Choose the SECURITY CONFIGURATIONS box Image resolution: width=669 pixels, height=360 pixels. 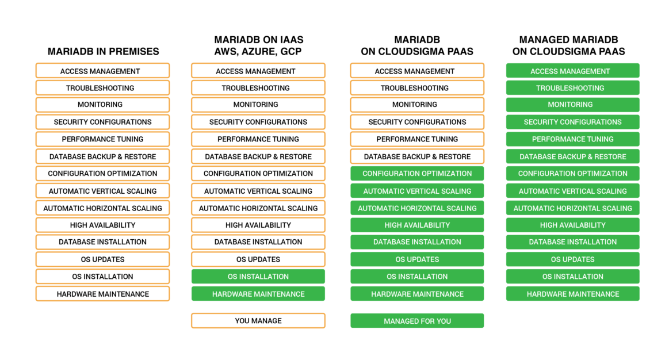click(x=572, y=122)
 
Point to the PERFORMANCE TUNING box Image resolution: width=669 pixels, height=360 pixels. click(x=572, y=139)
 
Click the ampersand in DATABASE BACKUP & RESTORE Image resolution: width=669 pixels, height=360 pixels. click(x=591, y=156)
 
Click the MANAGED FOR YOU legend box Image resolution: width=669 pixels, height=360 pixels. click(x=416, y=321)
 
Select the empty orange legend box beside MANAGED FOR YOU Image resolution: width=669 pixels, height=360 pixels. click(x=258, y=321)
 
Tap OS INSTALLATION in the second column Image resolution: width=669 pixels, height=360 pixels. click(x=258, y=277)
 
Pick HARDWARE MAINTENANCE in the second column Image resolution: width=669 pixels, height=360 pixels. click(x=258, y=294)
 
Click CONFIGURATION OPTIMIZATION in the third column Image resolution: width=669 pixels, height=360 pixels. click(x=416, y=174)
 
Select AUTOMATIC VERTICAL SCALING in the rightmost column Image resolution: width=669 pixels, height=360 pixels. click(x=572, y=191)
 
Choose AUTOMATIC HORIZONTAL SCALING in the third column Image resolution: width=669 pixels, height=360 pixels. click(x=416, y=208)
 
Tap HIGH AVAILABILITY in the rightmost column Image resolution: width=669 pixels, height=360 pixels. click(x=572, y=225)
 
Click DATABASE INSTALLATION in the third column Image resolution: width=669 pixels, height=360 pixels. click(x=416, y=242)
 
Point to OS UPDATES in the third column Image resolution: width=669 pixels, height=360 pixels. click(x=416, y=259)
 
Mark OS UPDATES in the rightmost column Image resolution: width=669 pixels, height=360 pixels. click(x=572, y=259)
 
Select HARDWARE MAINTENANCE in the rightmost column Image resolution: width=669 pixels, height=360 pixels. click(x=572, y=294)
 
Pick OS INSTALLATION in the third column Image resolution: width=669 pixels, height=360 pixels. click(x=416, y=277)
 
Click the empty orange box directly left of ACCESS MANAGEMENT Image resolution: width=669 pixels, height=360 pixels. click(x=416, y=71)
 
